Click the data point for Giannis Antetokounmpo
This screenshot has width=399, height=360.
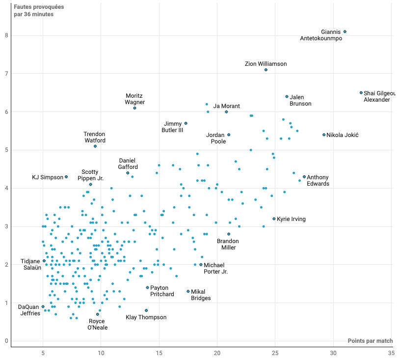click(x=345, y=31)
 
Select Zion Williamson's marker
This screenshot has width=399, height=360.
click(x=266, y=70)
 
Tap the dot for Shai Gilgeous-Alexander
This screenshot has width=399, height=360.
click(x=361, y=92)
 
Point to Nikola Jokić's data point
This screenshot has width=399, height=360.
click(x=324, y=135)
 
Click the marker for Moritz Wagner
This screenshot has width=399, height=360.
click(x=134, y=108)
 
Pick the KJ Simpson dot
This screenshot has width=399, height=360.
click(x=66, y=177)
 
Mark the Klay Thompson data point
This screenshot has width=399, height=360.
click(x=146, y=310)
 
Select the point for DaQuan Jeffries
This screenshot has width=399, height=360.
click(x=43, y=306)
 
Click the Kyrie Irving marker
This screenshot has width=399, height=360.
click(x=274, y=219)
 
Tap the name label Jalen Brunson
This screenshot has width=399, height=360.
click(x=300, y=100)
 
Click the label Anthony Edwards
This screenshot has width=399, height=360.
click(x=318, y=180)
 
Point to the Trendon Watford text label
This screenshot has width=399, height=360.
click(x=94, y=137)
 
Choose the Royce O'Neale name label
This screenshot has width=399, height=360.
click(x=98, y=324)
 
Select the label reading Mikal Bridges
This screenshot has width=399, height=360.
click(x=201, y=295)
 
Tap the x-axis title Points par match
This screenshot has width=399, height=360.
click(x=370, y=341)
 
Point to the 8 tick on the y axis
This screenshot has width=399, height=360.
click(x=6, y=35)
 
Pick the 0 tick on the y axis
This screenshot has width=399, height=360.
click(x=6, y=341)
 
